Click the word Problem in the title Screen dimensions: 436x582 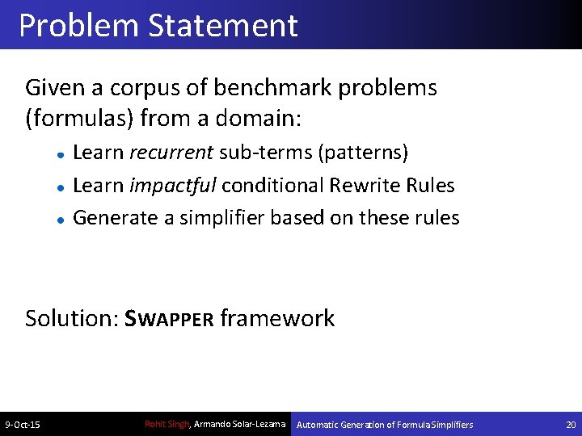[78, 26]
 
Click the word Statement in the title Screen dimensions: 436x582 [223, 26]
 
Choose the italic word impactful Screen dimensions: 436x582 [173, 186]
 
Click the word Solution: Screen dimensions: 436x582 [72, 318]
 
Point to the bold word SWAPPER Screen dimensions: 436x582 [169, 319]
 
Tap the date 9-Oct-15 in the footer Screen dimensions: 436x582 [24, 425]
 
